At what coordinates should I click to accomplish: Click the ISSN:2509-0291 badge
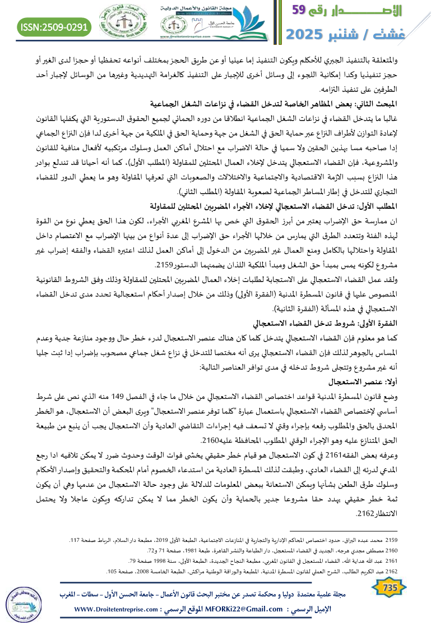(x=55, y=26)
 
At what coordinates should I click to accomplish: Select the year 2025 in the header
(x=308, y=34)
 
